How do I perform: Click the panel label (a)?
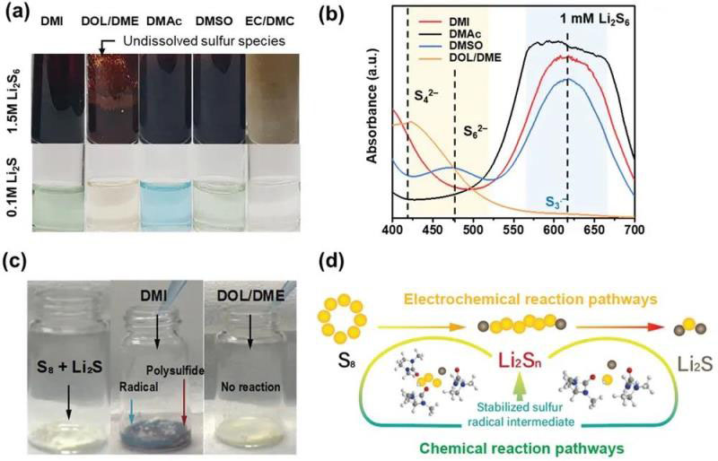19,14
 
